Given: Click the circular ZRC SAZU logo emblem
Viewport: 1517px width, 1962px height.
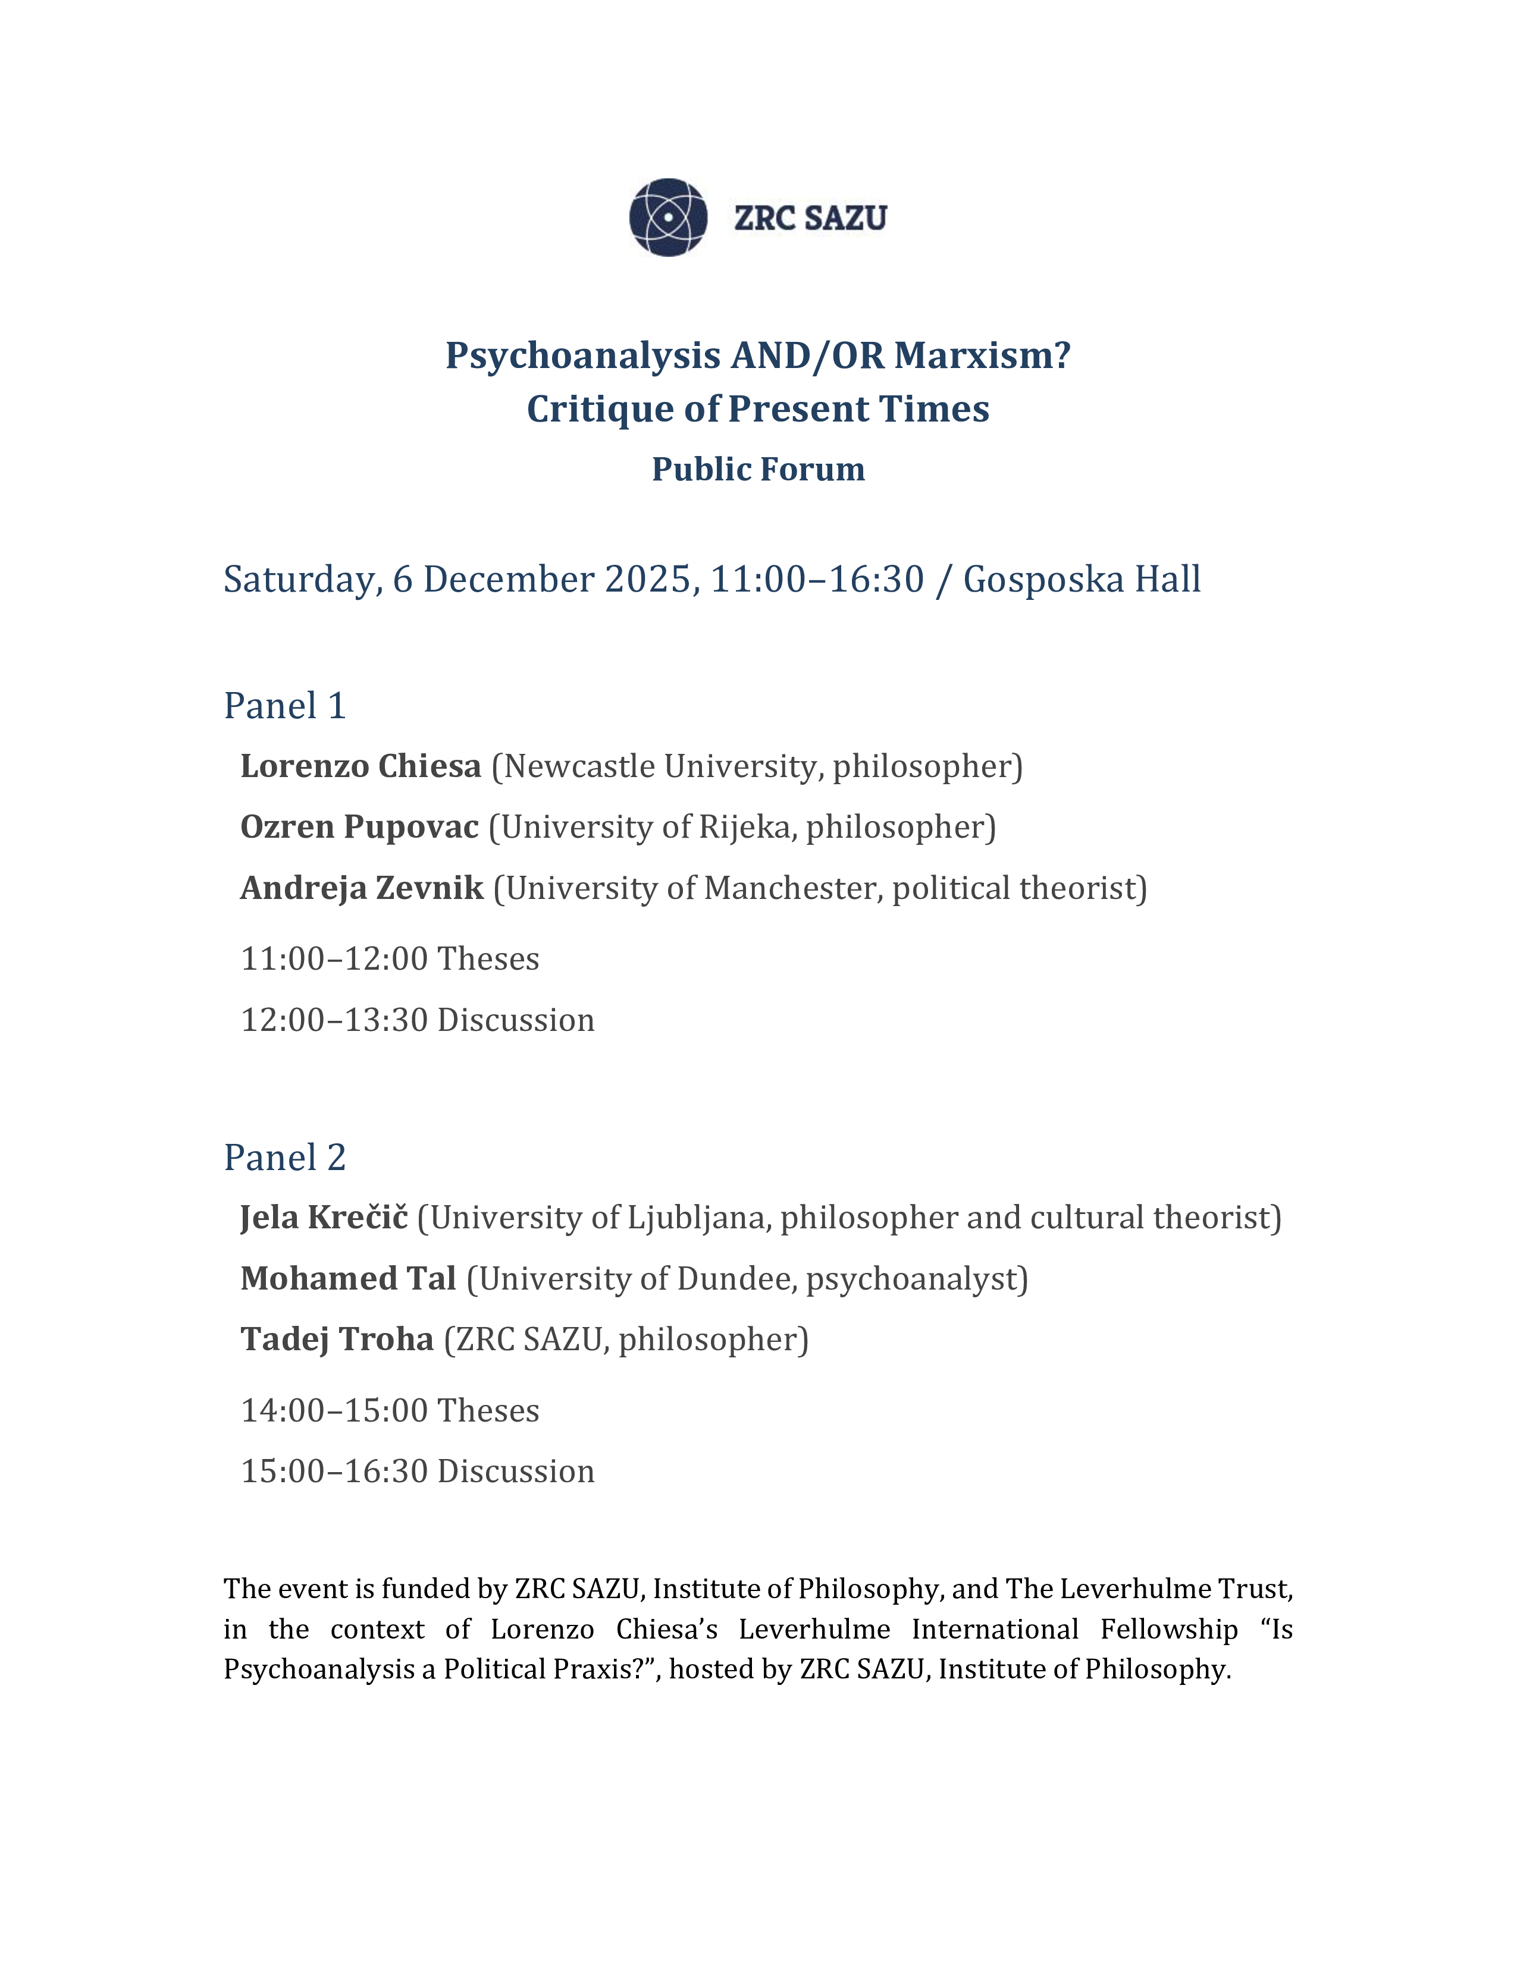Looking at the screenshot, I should coord(667,218).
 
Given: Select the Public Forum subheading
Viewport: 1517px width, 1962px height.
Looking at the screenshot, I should coord(757,469).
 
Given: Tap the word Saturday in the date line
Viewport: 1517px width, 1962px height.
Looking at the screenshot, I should coord(303,580).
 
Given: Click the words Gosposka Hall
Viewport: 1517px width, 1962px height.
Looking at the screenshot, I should coord(1081,580).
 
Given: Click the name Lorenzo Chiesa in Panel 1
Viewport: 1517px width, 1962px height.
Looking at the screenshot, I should coord(361,766).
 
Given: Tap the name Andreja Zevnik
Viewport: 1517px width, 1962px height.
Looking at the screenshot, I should coord(361,888).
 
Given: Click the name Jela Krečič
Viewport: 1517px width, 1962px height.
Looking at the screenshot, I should coord(324,1218).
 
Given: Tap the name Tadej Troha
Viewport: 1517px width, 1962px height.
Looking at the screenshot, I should coord(337,1340).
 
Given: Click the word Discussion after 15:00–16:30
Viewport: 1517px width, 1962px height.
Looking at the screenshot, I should coord(516,1472).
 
